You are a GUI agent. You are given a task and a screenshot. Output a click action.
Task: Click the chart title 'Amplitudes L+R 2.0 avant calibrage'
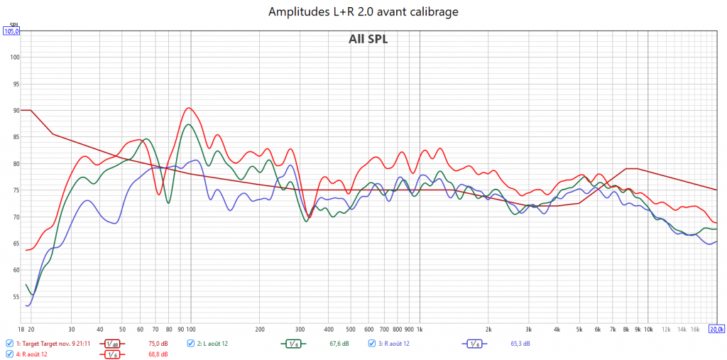tap(363, 11)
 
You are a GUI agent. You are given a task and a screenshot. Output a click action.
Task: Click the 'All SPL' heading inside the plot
tap(368, 39)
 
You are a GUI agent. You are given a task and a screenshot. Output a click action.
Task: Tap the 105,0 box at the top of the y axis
tap(11, 31)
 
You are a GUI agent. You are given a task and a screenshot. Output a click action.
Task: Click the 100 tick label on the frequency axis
tap(191, 329)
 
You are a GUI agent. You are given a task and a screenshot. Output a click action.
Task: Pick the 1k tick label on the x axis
tap(420, 329)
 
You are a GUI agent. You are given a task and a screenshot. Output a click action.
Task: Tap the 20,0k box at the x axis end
tap(716, 329)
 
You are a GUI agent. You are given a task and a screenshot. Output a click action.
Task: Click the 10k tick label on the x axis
tap(647, 329)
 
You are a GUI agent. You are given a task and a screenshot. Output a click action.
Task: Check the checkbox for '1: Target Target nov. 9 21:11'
tap(9, 344)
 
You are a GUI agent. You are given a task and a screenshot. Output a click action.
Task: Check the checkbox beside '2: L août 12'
tap(191, 344)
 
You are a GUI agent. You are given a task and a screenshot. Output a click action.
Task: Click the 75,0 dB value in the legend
tap(158, 344)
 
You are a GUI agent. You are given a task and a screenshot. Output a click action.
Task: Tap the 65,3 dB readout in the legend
tap(520, 344)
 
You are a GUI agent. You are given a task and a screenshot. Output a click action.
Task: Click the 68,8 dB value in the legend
tap(158, 354)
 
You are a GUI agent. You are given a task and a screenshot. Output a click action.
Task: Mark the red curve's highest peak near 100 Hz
tap(188, 108)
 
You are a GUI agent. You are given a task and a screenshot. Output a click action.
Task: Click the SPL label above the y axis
tap(11, 25)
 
